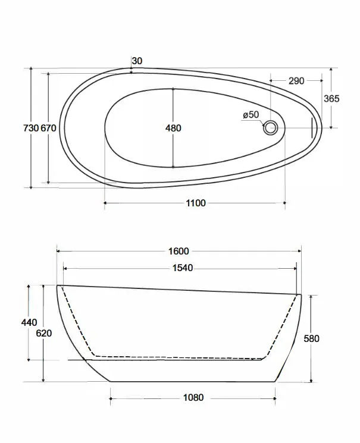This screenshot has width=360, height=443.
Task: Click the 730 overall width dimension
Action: pyautogui.click(x=31, y=128)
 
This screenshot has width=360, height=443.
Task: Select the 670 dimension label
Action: pyautogui.click(x=48, y=128)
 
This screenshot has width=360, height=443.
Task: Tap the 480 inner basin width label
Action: pyautogui.click(x=173, y=128)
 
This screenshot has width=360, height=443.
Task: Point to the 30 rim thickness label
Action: pyautogui.click(x=137, y=61)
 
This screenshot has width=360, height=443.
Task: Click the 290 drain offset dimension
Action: pyautogui.click(x=296, y=81)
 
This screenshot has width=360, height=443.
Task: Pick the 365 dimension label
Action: pyautogui.click(x=331, y=98)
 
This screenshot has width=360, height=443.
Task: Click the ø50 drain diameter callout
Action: pyautogui.click(x=251, y=115)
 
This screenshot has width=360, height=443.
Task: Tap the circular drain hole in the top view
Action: pyautogui.click(x=271, y=128)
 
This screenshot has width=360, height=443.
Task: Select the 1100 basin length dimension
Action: pyautogui.click(x=196, y=203)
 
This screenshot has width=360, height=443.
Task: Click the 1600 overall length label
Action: pyautogui.click(x=179, y=251)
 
